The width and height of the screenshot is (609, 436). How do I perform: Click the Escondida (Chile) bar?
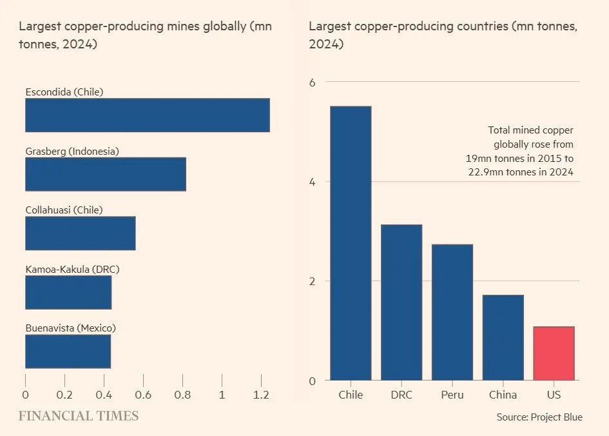coord(147,115)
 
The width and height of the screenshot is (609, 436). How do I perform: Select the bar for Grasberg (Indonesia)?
coord(106,174)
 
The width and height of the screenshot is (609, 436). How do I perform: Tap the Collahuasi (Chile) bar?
coord(81,233)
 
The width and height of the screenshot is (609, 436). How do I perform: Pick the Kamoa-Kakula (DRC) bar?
coord(68,292)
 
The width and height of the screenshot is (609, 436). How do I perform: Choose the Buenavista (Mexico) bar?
coord(68,352)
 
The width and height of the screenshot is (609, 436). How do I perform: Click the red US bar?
coord(554,353)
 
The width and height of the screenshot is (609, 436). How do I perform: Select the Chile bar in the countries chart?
coord(351,243)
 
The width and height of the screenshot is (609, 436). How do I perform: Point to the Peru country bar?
coord(452,312)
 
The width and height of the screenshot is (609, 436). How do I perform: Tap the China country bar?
coord(503,337)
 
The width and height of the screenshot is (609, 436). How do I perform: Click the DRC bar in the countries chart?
coord(401,302)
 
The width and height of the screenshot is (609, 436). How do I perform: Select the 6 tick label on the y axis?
coord(313,82)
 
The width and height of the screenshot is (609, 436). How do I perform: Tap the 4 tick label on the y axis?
coord(313,182)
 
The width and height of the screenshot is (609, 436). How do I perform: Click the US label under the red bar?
coord(554,395)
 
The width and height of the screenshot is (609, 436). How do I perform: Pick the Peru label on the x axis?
coord(452,395)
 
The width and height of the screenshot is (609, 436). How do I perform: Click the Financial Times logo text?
coord(78,416)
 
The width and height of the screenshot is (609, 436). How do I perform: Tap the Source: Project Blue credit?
coord(539,417)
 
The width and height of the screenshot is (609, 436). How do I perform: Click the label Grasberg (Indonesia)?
coord(72,152)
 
